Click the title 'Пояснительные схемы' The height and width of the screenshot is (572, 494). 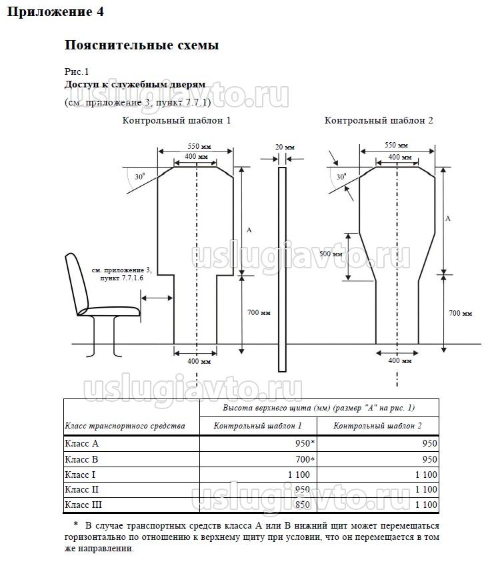click(141, 45)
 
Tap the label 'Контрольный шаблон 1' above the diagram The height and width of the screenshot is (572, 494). click(177, 121)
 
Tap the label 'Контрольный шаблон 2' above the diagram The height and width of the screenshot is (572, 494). click(379, 121)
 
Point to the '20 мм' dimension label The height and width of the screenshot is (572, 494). click(282, 147)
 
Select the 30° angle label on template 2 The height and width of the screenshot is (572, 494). click(341, 178)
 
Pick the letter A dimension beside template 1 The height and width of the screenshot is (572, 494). click(249, 230)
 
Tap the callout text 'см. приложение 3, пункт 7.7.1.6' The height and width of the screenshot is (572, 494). click(122, 273)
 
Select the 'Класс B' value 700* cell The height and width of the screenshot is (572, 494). click(304, 459)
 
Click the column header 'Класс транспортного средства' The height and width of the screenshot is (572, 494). click(125, 426)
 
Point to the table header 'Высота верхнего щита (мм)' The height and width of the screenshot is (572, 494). click(319, 407)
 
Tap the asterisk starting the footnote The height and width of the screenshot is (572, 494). click(76, 525)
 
